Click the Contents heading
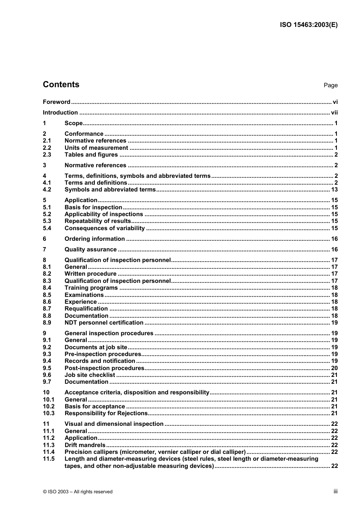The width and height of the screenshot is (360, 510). [x=61, y=85]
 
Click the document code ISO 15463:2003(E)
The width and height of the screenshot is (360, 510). [x=308, y=25]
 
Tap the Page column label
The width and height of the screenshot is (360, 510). [x=330, y=85]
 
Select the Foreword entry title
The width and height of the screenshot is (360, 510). [x=56, y=102]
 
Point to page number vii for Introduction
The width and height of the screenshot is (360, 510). [x=334, y=113]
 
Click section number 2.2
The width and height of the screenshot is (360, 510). [x=47, y=148]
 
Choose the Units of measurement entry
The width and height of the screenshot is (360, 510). [x=96, y=148]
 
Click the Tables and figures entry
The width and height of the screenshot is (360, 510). [x=91, y=155]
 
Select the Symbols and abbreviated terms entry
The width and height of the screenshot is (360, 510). [x=110, y=190]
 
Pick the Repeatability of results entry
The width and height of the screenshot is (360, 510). [x=97, y=221]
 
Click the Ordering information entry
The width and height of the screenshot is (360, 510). [x=94, y=239]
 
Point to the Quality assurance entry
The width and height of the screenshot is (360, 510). [x=91, y=250]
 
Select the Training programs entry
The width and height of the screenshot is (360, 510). [x=91, y=288]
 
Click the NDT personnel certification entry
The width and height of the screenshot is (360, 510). [x=104, y=323]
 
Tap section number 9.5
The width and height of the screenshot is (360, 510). [x=47, y=368]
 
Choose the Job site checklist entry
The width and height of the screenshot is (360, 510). [x=89, y=375]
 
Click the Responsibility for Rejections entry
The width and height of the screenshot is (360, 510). [x=106, y=413]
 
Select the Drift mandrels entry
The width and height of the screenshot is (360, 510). [x=85, y=445]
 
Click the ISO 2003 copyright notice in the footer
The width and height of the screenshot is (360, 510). [x=78, y=492]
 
